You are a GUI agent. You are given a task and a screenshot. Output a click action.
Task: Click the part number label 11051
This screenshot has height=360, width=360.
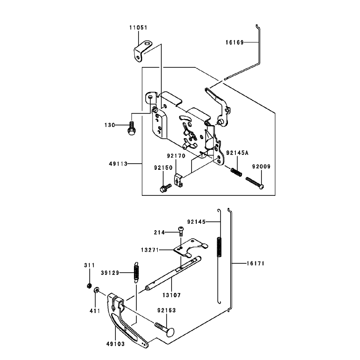point(138,27)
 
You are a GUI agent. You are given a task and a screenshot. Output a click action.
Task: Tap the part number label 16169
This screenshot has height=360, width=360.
point(234,42)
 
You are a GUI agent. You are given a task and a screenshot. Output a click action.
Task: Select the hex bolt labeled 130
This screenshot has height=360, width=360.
point(131,128)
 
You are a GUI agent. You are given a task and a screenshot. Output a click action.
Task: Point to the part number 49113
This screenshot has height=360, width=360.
point(118,164)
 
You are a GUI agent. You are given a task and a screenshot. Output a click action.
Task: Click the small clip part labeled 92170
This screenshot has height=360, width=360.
point(179,180)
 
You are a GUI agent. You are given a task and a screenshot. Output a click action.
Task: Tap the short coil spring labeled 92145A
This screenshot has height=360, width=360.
point(236,172)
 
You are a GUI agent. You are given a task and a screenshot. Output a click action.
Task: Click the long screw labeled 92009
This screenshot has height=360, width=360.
point(254,183)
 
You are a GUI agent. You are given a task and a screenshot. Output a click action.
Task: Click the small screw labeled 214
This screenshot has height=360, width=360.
point(181,231)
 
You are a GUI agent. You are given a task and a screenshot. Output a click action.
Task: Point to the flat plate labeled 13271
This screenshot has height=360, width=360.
point(191,248)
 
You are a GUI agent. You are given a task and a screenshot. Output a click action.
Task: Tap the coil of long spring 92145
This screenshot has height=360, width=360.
point(219,247)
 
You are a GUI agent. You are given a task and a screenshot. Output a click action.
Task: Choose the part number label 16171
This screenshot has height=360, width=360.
point(255,263)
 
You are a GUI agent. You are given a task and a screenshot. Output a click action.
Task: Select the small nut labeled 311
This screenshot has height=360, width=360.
point(89,286)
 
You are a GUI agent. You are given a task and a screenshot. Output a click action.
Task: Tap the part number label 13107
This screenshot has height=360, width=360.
point(172,295)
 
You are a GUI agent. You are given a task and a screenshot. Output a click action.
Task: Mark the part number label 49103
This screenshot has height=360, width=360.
point(115,344)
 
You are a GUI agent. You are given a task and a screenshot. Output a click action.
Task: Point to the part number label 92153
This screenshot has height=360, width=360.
point(167,310)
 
